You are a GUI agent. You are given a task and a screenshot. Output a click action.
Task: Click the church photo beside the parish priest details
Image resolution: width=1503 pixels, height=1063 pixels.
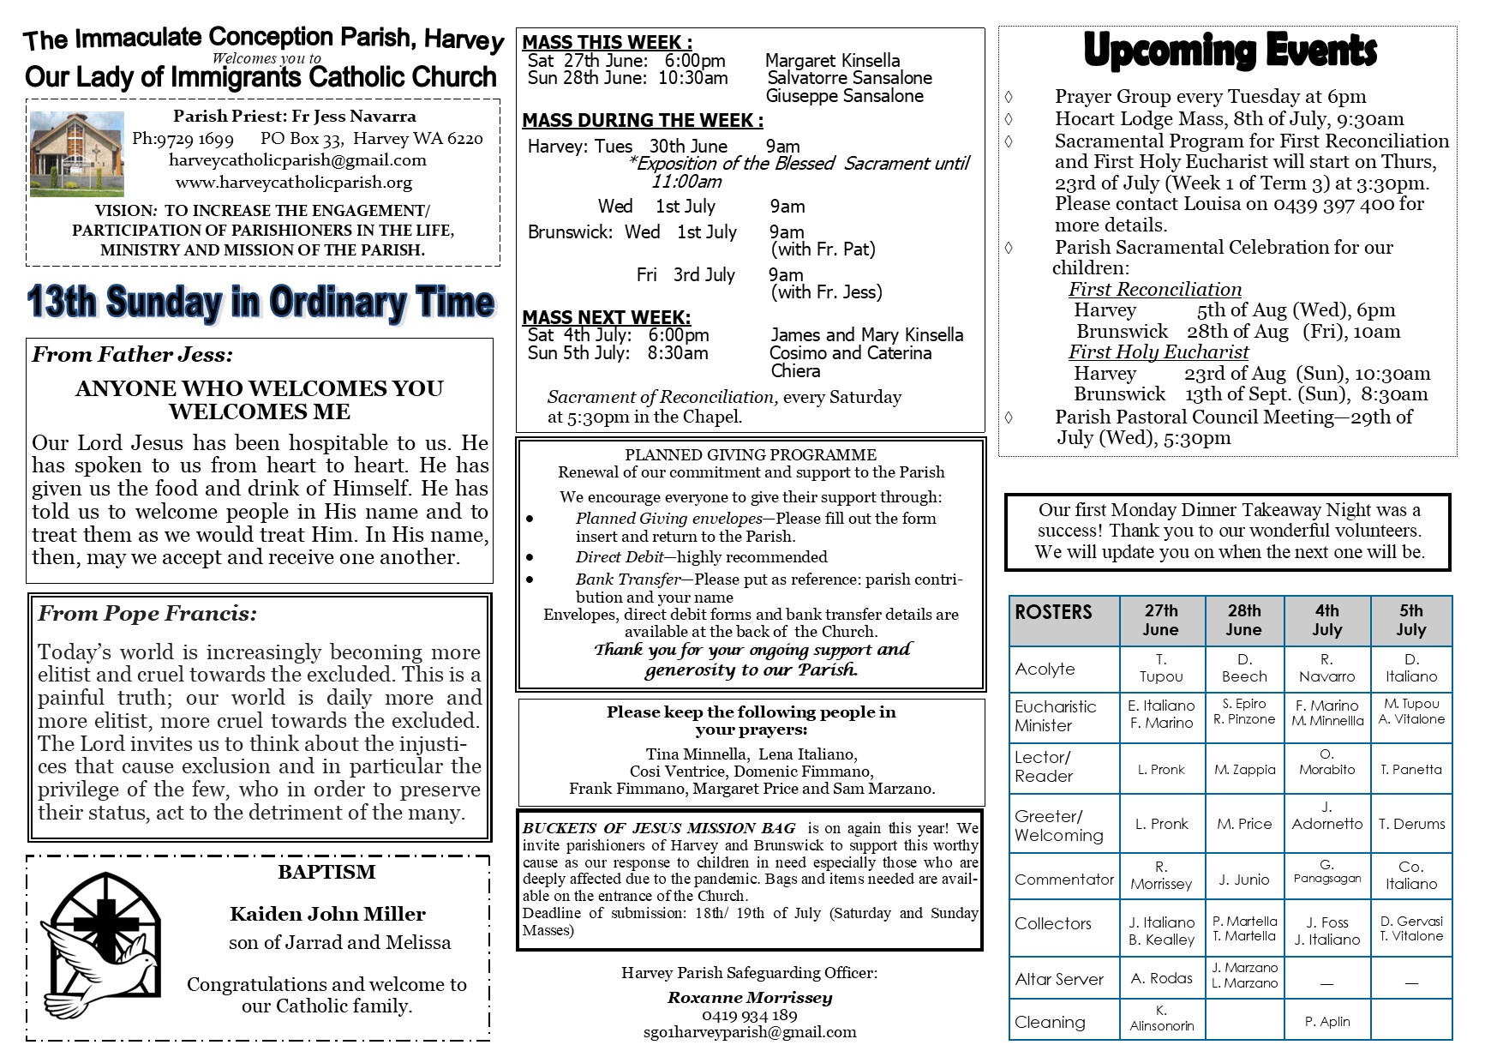76,153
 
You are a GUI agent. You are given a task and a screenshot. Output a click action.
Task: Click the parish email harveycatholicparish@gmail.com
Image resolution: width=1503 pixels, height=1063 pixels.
297,160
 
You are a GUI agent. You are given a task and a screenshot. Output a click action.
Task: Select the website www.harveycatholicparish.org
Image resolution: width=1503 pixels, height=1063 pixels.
293,183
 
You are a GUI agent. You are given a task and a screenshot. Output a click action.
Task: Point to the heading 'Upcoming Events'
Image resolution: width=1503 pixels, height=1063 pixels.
1230,51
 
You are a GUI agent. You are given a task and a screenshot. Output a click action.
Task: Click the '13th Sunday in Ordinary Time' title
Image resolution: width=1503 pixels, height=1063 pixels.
260,303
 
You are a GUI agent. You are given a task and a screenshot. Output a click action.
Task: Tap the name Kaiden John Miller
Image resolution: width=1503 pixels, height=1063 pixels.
327,914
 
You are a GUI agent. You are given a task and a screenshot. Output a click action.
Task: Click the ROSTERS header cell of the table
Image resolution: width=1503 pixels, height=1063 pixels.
1053,612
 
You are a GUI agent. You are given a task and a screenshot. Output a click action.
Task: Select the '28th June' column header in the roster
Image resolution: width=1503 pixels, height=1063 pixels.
1243,620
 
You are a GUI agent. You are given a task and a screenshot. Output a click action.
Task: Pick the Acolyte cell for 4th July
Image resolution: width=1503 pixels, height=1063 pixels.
1326,668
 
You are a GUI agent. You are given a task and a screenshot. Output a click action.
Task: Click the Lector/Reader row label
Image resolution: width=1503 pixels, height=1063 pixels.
1043,766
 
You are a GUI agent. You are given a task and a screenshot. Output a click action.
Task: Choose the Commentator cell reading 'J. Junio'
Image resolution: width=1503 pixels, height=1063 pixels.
1243,878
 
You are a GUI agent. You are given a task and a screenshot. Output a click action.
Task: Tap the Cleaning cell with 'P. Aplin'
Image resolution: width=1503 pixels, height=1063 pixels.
1326,1021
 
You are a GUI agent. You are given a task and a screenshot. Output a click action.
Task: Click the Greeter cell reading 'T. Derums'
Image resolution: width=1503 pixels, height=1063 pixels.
1411,824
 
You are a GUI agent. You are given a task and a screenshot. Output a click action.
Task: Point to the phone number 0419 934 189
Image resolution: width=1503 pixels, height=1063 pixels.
749,1015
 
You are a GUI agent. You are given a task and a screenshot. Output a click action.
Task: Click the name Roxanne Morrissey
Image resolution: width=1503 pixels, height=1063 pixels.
749,997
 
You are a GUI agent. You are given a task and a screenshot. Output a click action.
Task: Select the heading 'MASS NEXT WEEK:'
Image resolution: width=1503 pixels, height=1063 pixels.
607,317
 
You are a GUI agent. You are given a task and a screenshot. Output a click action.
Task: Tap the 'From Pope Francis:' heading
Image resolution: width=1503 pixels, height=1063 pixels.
147,614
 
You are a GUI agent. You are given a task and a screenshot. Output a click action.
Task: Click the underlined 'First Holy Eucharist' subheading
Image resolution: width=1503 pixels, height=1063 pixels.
1158,352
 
